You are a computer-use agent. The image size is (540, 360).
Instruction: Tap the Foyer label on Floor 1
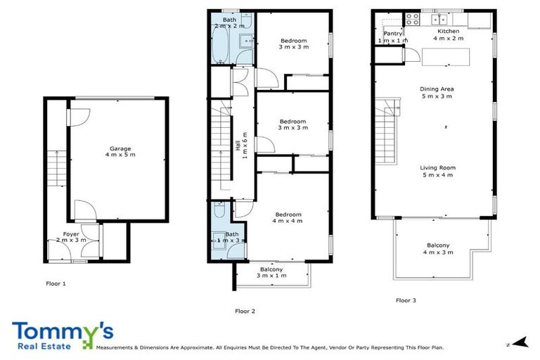coord(71,233)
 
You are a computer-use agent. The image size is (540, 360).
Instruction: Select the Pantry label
coord(392,33)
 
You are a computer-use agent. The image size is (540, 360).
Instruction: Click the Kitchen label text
coord(449,32)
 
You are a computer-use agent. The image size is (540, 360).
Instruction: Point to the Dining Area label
coord(437,89)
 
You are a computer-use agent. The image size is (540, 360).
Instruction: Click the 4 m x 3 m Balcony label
coord(438,245)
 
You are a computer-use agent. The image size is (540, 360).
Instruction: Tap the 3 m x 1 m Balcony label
coord(271,269)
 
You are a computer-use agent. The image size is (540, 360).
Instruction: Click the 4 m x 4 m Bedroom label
coord(288,214)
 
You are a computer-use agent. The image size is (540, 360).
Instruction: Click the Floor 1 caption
coord(54,284)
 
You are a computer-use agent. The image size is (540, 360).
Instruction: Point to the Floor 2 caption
coord(244,309)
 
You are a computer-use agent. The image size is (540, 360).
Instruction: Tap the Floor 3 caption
coord(406,300)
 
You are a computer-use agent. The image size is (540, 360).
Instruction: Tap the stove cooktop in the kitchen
coord(412,20)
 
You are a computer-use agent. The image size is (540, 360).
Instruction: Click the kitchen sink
coord(440,19)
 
